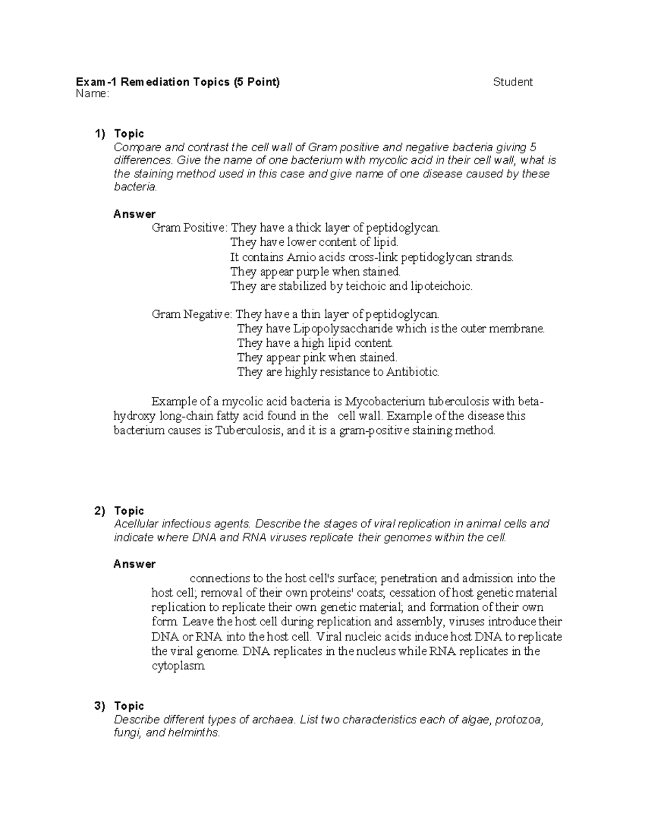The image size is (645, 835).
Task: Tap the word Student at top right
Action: click(513, 82)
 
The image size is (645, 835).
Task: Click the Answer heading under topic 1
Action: click(134, 214)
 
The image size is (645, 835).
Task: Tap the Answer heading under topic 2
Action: click(134, 564)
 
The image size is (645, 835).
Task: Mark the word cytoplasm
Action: click(178, 666)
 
